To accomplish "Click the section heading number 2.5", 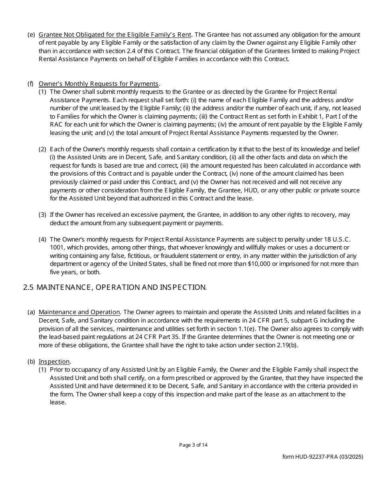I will [28, 287].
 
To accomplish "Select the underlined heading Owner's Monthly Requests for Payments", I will [99, 84].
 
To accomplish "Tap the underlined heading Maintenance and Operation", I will [79, 312].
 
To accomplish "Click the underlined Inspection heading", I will [54, 362].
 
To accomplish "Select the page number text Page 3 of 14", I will [193, 445].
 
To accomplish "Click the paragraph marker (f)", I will [30, 84].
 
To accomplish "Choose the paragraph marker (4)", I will [42, 240].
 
